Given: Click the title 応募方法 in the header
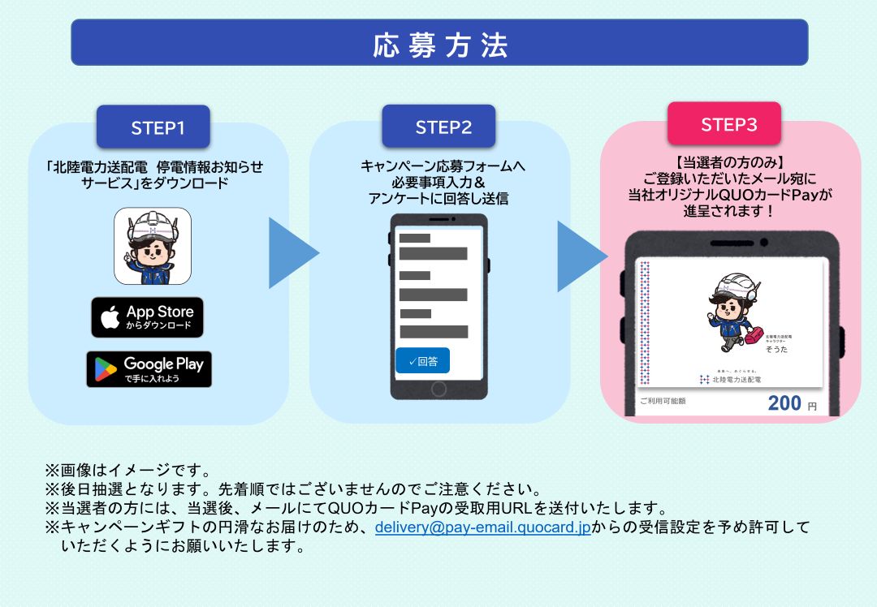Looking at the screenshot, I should [x=439, y=45].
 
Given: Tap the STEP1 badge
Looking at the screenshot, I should [x=153, y=127].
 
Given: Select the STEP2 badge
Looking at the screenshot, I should [x=438, y=127].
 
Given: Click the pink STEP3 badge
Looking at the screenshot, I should [x=724, y=125].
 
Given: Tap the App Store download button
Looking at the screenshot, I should [x=147, y=317].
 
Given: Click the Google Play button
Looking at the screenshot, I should [x=149, y=369].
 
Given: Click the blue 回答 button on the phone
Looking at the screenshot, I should [x=422, y=361].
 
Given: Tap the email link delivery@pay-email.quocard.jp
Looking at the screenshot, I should [x=482, y=527].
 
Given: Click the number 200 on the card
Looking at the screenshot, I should [x=784, y=403].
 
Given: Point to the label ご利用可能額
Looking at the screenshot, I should [x=663, y=401].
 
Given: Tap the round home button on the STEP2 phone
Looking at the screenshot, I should [x=439, y=386].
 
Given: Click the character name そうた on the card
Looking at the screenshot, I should [x=776, y=349].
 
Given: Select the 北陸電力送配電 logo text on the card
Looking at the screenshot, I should [x=736, y=379].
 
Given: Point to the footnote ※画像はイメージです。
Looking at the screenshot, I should [x=128, y=470].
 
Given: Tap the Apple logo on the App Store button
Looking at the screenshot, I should [x=110, y=317].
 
